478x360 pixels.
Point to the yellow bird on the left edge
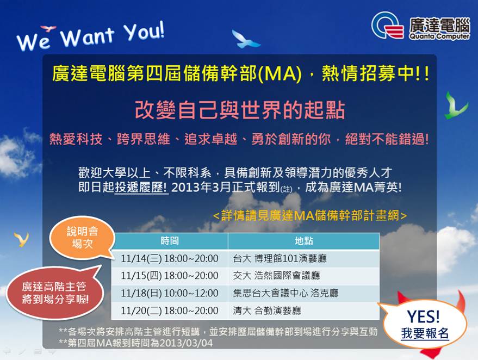21,239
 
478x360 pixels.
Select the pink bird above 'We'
48,28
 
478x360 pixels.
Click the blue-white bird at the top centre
245,40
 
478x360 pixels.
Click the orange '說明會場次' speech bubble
82,238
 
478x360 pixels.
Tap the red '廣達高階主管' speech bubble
55,293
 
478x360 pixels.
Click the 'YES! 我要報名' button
424,325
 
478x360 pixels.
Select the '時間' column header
170,241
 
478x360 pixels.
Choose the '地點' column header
303,241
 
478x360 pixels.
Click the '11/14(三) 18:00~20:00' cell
170,258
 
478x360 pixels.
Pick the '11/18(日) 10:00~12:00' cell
170,293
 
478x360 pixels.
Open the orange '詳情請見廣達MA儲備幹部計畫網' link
310,215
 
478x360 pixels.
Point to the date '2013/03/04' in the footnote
186,343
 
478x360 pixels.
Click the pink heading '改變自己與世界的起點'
240,110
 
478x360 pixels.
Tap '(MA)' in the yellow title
280,74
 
